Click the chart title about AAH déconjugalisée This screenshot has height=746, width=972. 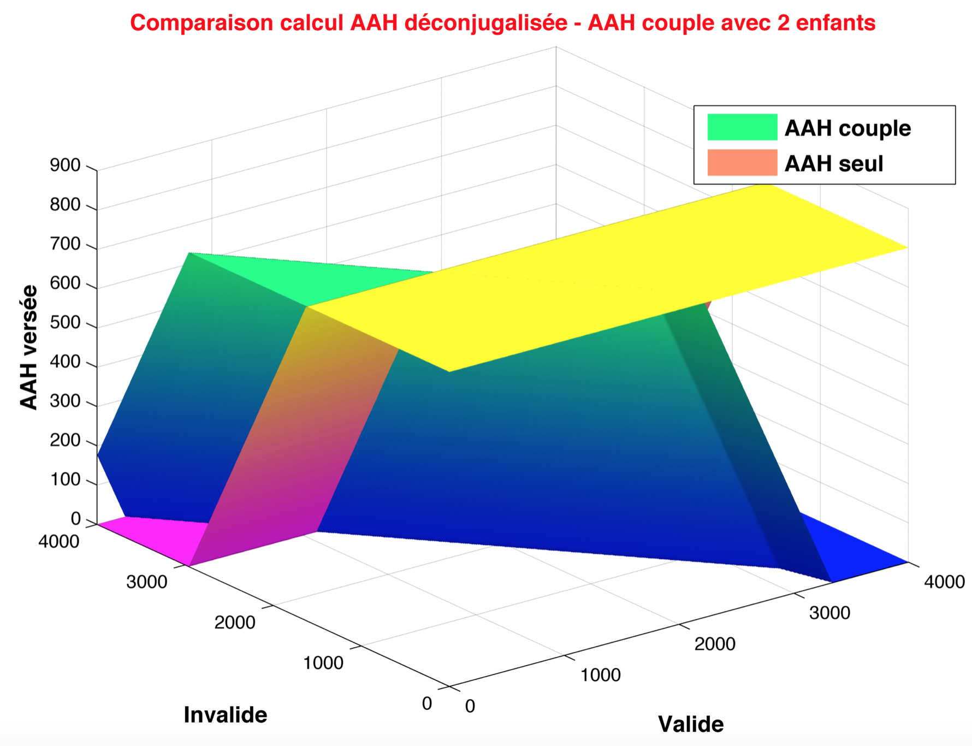pyautogui.click(x=503, y=23)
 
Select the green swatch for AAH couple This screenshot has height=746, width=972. pyautogui.click(x=742, y=127)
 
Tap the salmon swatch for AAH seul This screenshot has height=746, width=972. pyautogui.click(x=742, y=162)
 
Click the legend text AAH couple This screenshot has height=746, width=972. pyautogui.click(x=847, y=128)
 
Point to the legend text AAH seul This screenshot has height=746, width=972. pyautogui.click(x=834, y=164)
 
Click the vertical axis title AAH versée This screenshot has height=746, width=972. pyautogui.click(x=29, y=347)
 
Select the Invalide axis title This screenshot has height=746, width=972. pyautogui.click(x=226, y=715)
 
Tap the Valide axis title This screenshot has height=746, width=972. pyautogui.click(x=691, y=724)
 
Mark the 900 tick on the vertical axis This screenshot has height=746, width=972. pyautogui.click(x=65, y=165)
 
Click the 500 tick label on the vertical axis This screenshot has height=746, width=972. pyautogui.click(x=65, y=323)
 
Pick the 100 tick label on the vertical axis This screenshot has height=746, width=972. pyautogui.click(x=65, y=480)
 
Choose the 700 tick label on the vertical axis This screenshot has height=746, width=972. pyautogui.click(x=65, y=244)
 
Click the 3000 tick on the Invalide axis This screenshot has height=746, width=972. pyautogui.click(x=147, y=582)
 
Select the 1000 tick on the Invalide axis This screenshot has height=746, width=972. pyautogui.click(x=323, y=663)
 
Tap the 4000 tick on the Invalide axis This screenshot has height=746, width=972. pyautogui.click(x=59, y=542)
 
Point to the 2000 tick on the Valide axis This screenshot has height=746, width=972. pyautogui.click(x=715, y=644)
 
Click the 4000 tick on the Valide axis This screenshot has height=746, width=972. pyautogui.click(x=944, y=582)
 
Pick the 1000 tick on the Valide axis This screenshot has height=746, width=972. pyautogui.click(x=600, y=675)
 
